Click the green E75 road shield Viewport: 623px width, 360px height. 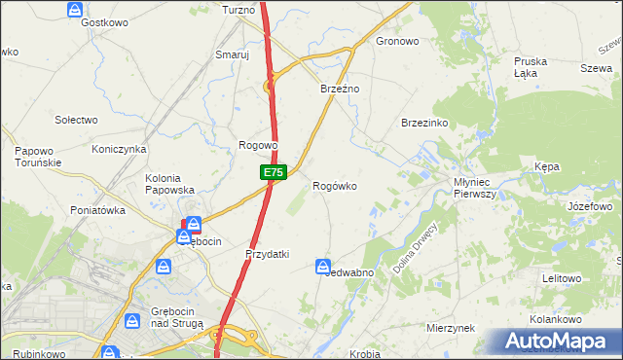point(273,172)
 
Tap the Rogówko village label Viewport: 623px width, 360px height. point(340,186)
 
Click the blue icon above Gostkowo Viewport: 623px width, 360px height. point(76,9)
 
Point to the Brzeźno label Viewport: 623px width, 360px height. point(341,89)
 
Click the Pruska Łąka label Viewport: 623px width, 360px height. point(531,67)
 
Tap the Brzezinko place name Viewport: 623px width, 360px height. point(423,124)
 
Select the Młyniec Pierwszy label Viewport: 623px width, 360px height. point(475,188)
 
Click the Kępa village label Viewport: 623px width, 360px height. point(547,167)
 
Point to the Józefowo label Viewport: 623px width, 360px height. point(589,207)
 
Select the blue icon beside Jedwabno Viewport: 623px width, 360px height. point(323,266)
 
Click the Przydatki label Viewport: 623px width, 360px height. point(268,254)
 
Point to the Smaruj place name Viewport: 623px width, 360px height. point(233,55)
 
